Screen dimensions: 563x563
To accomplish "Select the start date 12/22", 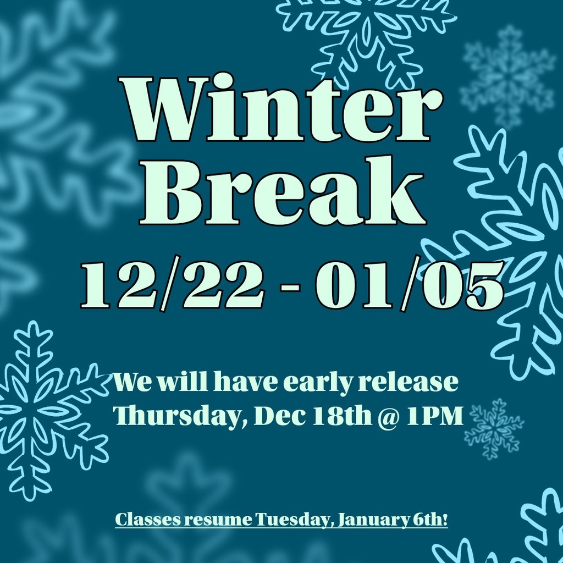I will pos(171,286).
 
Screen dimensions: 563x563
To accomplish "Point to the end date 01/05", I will pos(409,286).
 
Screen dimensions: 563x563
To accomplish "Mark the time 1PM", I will pos(434,416).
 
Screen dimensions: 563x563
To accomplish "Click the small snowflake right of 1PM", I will pos(493,429).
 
